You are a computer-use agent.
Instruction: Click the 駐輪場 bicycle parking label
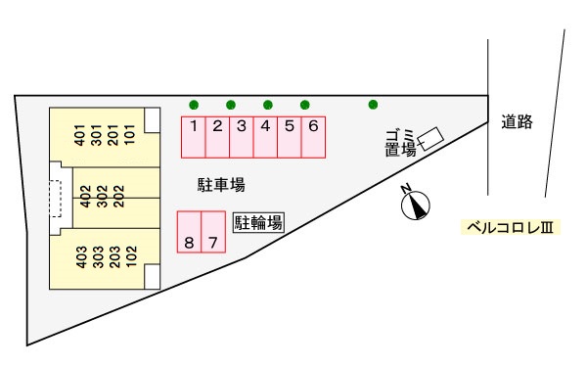258,222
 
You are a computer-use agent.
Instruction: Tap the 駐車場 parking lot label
220,183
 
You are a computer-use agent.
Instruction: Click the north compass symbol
417,205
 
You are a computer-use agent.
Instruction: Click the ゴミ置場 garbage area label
400,143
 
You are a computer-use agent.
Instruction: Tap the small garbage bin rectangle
430,137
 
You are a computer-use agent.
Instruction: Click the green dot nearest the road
373,104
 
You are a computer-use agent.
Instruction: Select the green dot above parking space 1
194,104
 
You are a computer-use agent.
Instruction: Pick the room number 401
81,135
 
